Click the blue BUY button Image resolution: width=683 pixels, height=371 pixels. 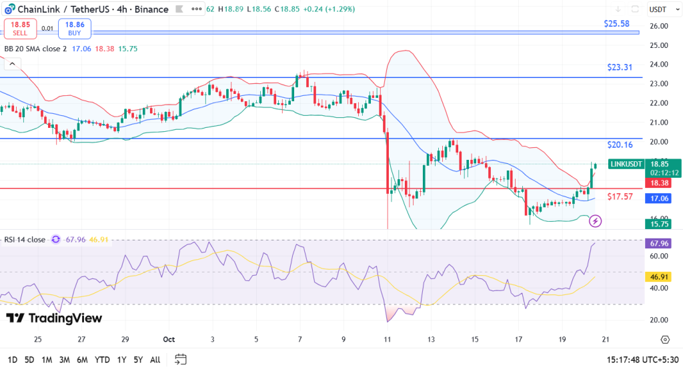pyautogui.click(x=74, y=29)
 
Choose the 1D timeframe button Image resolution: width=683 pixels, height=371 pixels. pyautogui.click(x=12, y=360)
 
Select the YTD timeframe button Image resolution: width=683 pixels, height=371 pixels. pyautogui.click(x=102, y=360)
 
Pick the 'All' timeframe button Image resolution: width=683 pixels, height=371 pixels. pyautogui.click(x=155, y=360)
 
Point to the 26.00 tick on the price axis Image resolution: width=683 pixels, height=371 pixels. pyautogui.click(x=659, y=26)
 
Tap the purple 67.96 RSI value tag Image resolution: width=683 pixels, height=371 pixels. pyautogui.click(x=659, y=244)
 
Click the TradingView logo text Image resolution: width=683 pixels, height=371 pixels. pyautogui.click(x=54, y=318)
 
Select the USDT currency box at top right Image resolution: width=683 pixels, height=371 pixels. pyautogui.click(x=659, y=9)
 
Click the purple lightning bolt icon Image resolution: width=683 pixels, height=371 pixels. pyautogui.click(x=596, y=220)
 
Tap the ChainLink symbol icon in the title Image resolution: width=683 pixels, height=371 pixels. pyautogui.click(x=9, y=9)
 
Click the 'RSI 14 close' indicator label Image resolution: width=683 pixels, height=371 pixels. pyautogui.click(x=25, y=240)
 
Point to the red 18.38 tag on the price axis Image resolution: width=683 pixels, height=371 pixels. pyautogui.click(x=659, y=182)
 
